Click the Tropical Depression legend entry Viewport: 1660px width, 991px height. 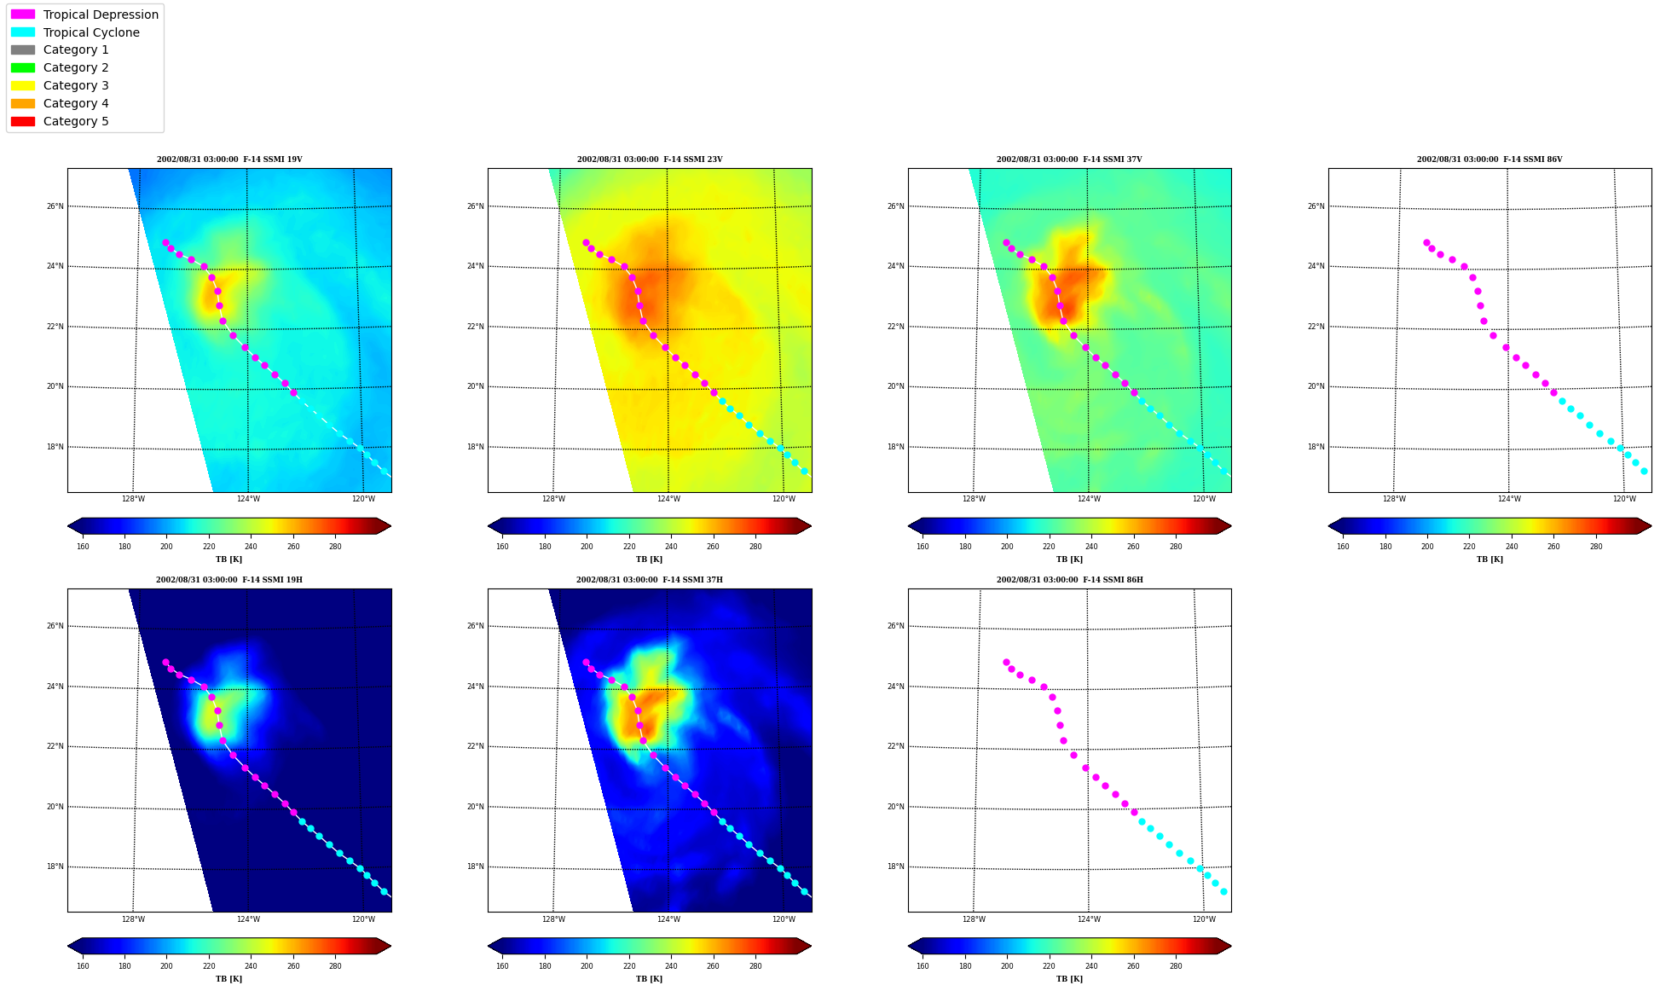[x=84, y=14]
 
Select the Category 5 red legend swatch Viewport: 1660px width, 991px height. [x=23, y=121]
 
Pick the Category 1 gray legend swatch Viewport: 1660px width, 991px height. [x=23, y=50]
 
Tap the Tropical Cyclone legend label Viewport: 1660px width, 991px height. [x=91, y=32]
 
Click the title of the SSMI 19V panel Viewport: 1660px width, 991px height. [x=229, y=159]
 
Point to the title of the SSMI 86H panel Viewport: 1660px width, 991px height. [x=1070, y=580]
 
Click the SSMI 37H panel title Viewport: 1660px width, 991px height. [x=650, y=580]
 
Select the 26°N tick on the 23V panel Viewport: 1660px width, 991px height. [x=475, y=206]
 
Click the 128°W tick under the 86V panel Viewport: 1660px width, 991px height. [x=1394, y=499]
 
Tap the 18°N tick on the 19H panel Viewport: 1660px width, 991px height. [x=55, y=866]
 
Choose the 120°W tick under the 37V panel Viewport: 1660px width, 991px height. [x=1204, y=499]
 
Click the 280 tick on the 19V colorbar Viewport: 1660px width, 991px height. [x=335, y=547]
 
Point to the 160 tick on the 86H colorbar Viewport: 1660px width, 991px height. [x=923, y=966]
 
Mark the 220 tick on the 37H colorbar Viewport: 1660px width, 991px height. [x=629, y=966]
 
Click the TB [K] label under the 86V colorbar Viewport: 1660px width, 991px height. [x=1489, y=559]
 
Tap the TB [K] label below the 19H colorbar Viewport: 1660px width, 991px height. [x=228, y=979]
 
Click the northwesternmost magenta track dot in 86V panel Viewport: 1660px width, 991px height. [x=1426, y=243]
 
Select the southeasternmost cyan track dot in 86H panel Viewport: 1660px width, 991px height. [x=1223, y=891]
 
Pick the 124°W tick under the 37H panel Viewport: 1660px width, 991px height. [x=668, y=919]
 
